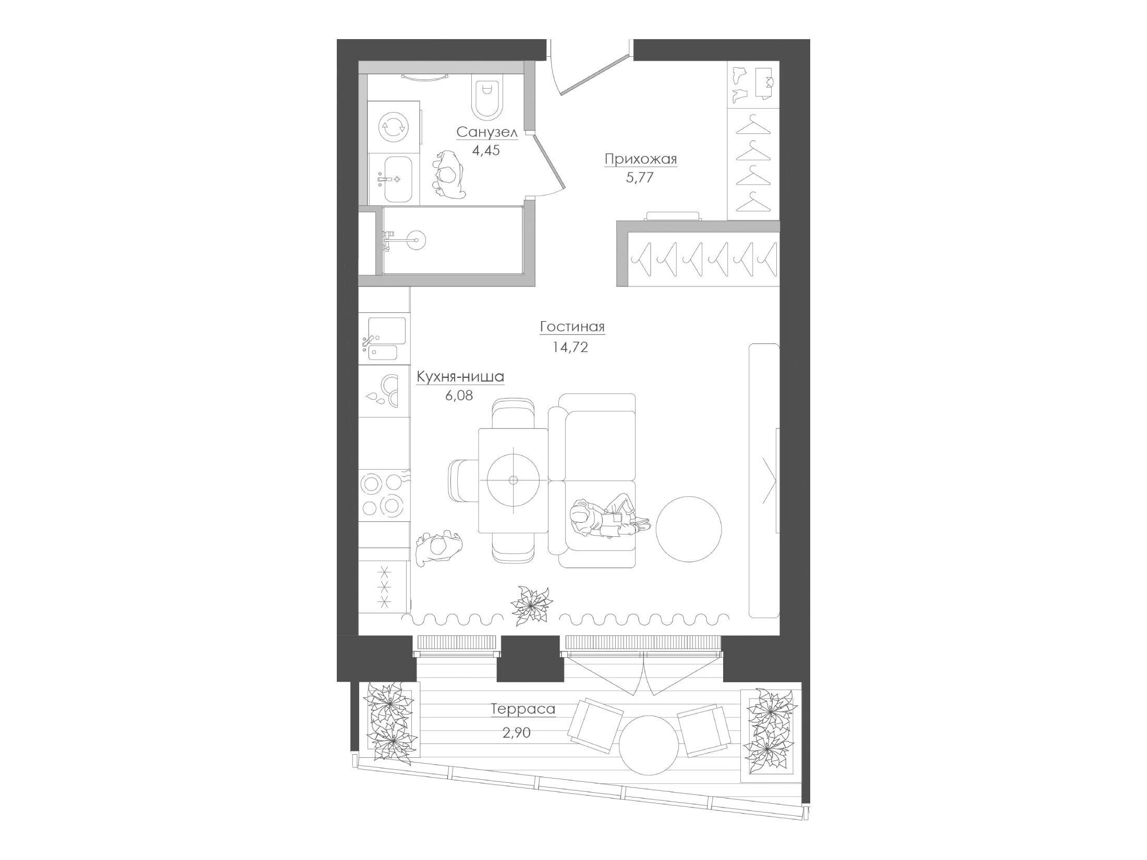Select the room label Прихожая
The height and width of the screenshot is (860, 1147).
641,158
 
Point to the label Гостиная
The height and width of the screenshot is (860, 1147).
572,327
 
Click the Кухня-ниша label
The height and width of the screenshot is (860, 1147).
460,376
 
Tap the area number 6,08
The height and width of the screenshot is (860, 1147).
459,396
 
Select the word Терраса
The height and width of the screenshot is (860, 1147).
523,709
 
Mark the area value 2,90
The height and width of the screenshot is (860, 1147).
516,732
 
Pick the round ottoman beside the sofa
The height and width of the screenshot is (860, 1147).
689,529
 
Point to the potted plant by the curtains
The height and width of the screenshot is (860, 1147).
531,604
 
